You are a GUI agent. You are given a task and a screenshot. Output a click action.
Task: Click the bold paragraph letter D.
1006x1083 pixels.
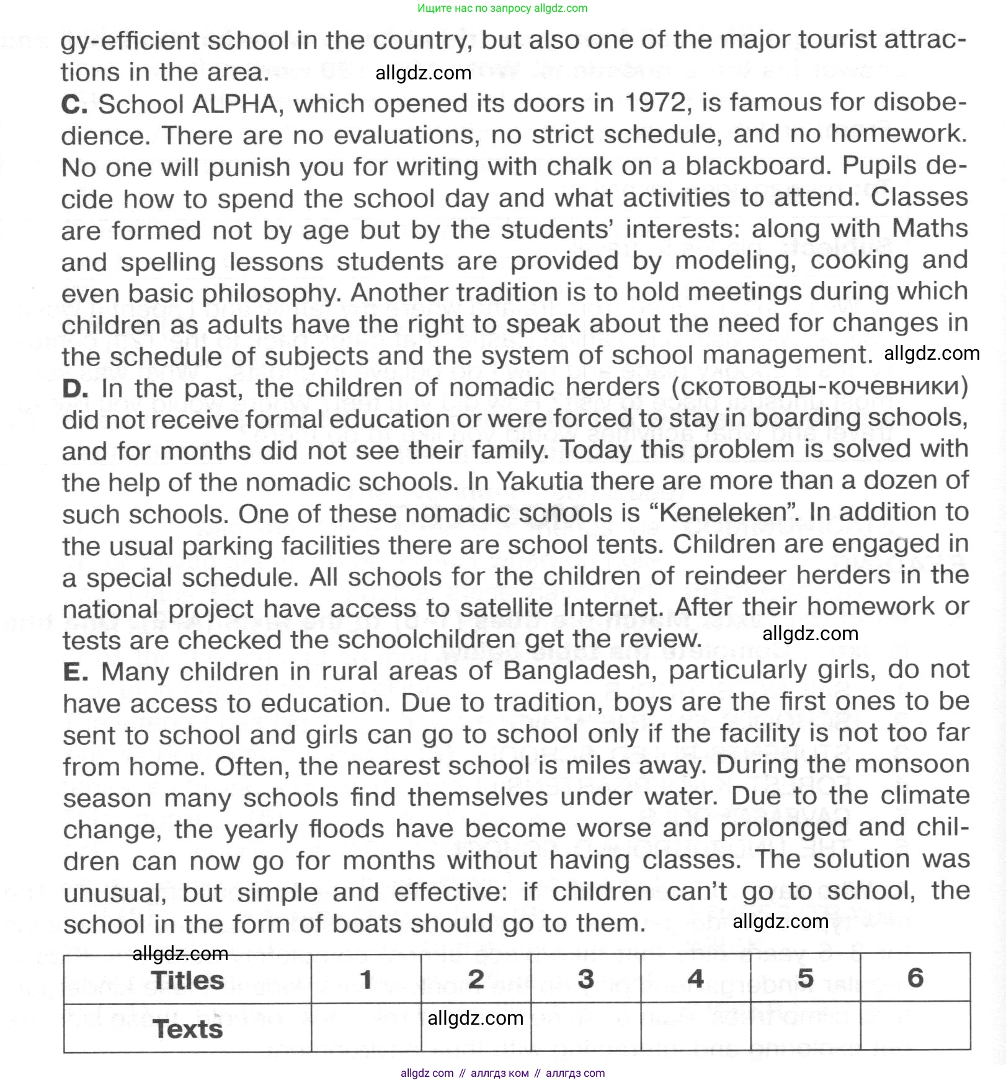(x=75, y=389)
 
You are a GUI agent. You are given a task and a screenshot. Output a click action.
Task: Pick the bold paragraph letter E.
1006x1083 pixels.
(x=75, y=672)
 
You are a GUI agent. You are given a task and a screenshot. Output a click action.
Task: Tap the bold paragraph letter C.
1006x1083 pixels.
(x=74, y=104)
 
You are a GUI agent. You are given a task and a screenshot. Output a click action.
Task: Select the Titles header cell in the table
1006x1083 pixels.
(x=187, y=980)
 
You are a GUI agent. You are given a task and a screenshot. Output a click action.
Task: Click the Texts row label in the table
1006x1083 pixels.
(x=187, y=1029)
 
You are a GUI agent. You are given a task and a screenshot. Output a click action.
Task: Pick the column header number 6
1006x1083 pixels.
(x=915, y=978)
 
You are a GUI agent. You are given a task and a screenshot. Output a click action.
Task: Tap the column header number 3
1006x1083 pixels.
(x=585, y=979)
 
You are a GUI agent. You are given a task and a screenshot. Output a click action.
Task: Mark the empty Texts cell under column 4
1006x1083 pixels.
(x=695, y=1027)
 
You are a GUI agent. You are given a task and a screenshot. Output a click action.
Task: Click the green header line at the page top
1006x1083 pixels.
(x=502, y=8)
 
